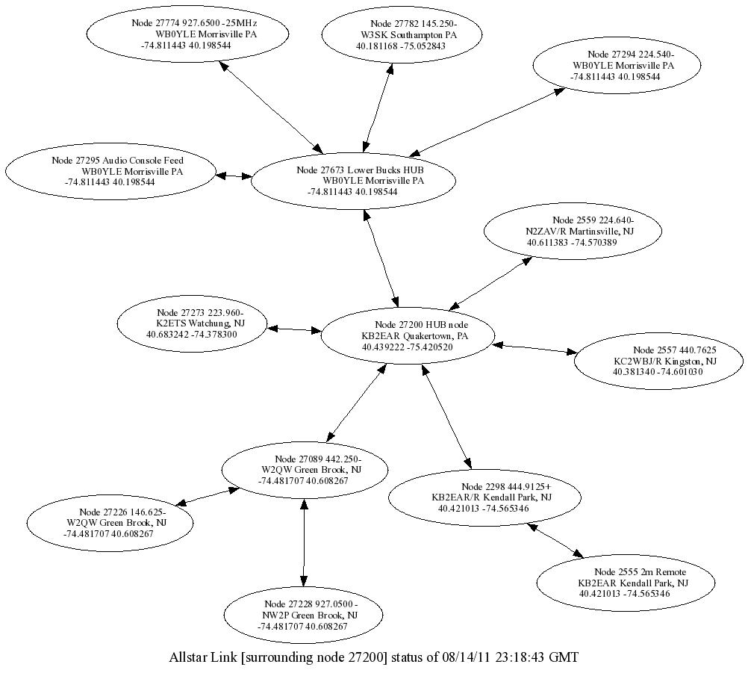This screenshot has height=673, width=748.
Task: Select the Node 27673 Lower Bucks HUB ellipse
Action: pos(354,181)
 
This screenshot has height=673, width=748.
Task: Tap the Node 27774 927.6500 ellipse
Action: pos(187,34)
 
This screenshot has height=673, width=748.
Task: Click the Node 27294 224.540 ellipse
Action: pos(617,66)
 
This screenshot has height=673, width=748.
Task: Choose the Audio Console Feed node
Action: pos(110,171)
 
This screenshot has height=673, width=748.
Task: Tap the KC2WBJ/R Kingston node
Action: pos(658,361)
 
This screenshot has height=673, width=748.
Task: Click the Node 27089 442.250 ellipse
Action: pos(305,470)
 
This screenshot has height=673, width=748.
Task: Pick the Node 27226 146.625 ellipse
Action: pos(110,523)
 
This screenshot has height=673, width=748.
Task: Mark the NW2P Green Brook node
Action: pos(303,615)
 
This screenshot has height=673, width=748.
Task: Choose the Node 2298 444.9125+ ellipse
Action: pos(484,497)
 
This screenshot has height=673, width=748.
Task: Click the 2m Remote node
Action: pos(626,583)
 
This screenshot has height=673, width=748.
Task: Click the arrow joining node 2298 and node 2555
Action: pos(555,540)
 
